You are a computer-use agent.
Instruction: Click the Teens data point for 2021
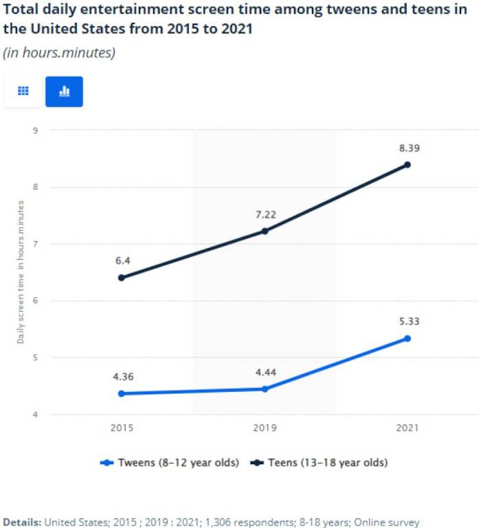click(x=407, y=165)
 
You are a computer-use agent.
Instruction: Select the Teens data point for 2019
click(x=265, y=231)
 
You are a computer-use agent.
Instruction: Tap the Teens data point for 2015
click(x=122, y=278)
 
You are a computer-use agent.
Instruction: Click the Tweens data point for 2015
click(x=122, y=393)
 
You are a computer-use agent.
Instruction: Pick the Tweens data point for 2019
click(x=265, y=389)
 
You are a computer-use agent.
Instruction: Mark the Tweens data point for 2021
click(x=407, y=338)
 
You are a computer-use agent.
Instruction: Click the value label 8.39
click(x=407, y=148)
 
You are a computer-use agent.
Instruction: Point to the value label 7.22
click(x=265, y=214)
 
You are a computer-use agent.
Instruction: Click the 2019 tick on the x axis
click(x=265, y=428)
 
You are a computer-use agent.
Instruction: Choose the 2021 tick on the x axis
click(x=407, y=428)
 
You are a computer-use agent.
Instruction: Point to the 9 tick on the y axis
click(x=34, y=130)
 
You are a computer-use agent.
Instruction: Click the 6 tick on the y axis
click(x=34, y=301)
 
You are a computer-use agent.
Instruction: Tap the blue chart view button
click(x=64, y=91)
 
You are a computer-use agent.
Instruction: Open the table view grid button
click(x=23, y=91)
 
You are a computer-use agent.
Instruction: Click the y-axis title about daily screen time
click(x=21, y=272)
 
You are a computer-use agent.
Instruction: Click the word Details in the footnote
click(x=22, y=522)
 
